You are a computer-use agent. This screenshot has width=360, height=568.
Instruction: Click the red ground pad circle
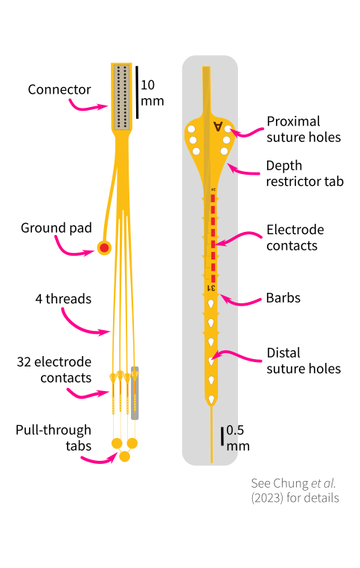pos(104,248)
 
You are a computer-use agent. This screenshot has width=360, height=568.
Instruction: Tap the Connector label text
pos(60,89)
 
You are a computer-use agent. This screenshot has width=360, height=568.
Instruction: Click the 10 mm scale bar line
pos(137,92)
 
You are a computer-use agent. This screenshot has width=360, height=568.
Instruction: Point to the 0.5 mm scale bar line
pos(222,436)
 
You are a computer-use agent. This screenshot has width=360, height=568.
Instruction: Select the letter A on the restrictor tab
pos(218,126)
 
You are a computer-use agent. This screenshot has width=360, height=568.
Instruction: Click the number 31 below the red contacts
pos(211,288)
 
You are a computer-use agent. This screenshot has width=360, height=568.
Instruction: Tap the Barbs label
pos(283,298)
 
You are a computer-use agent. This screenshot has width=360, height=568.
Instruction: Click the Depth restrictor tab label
pos(304,173)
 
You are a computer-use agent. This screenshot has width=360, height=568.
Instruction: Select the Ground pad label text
pos(57,228)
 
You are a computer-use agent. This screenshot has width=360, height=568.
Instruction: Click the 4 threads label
pos(63,299)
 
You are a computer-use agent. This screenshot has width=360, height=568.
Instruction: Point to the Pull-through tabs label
pos(54,438)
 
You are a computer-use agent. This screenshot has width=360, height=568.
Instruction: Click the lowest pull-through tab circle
pos(124,456)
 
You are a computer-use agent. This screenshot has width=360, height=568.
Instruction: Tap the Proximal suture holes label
pos(303,129)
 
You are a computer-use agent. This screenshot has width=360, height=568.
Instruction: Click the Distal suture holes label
pos(303,361)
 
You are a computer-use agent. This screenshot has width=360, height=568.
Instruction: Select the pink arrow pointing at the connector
pos(88,107)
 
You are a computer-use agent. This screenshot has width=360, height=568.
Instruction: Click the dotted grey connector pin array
pos(121,97)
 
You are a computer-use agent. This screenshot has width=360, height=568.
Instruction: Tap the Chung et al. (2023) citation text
pos(295,491)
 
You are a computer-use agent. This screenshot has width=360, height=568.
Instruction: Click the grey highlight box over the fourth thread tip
pos(135,393)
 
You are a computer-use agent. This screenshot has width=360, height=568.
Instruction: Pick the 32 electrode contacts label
pos(54,369)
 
